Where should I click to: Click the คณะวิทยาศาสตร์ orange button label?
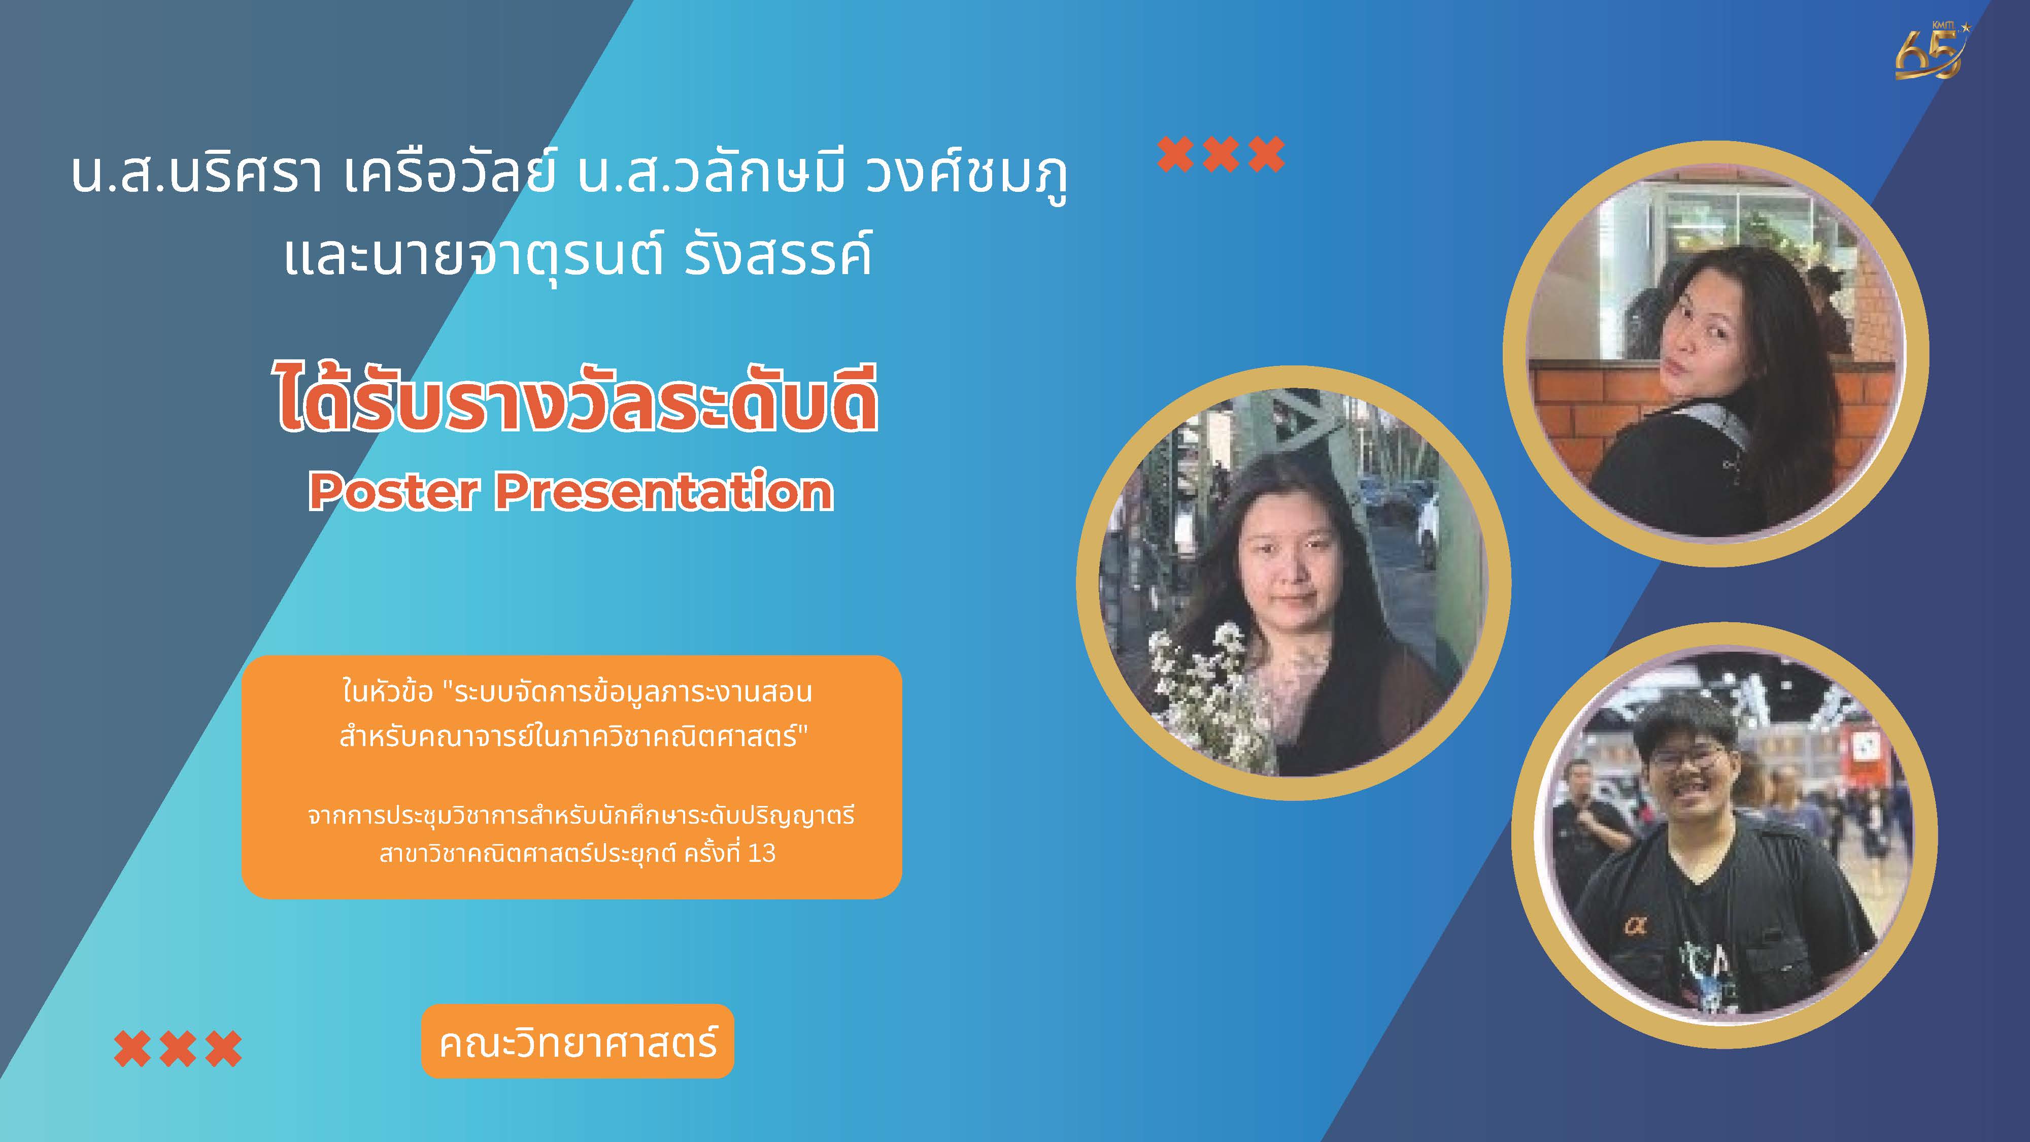pos(578,1042)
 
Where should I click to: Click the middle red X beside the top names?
pos(1221,154)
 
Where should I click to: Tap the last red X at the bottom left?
pos(224,1049)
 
